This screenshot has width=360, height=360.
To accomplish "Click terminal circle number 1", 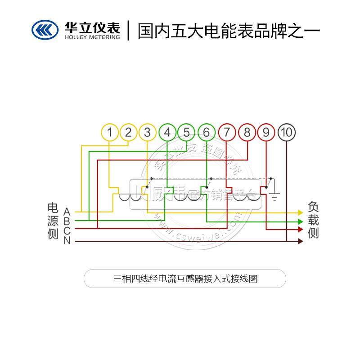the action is pyautogui.click(x=110, y=133).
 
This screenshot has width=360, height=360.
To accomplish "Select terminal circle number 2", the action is pyautogui.click(x=129, y=133).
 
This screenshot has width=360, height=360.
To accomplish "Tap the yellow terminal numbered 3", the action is pyautogui.click(x=148, y=133).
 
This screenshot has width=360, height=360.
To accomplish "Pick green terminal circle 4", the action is pyautogui.click(x=167, y=133).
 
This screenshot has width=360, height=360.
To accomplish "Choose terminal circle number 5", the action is pyautogui.click(x=186, y=133).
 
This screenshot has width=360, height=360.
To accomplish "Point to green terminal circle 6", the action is pyautogui.click(x=206, y=133).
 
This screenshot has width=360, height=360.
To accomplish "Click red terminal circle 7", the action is pyautogui.click(x=227, y=133).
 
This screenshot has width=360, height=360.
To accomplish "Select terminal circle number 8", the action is pyautogui.click(x=247, y=133).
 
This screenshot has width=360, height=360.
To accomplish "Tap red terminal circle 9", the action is pyautogui.click(x=266, y=133).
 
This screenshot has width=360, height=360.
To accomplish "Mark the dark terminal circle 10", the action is pyautogui.click(x=287, y=133).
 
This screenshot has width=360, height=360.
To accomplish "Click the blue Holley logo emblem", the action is pyautogui.click(x=45, y=30).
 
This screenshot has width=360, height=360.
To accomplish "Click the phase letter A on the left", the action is pyautogui.click(x=67, y=211).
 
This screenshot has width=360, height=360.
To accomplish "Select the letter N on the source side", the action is pyautogui.click(x=67, y=241).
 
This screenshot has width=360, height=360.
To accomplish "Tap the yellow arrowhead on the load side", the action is pyautogui.click(x=301, y=212).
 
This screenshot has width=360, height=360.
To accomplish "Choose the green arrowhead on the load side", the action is pyautogui.click(x=301, y=221).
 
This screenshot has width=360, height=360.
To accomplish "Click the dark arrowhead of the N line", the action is pyautogui.click(x=301, y=242).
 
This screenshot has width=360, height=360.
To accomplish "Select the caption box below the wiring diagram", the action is pyautogui.click(x=185, y=279).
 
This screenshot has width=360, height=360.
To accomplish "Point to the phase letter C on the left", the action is pyautogui.click(x=67, y=230).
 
